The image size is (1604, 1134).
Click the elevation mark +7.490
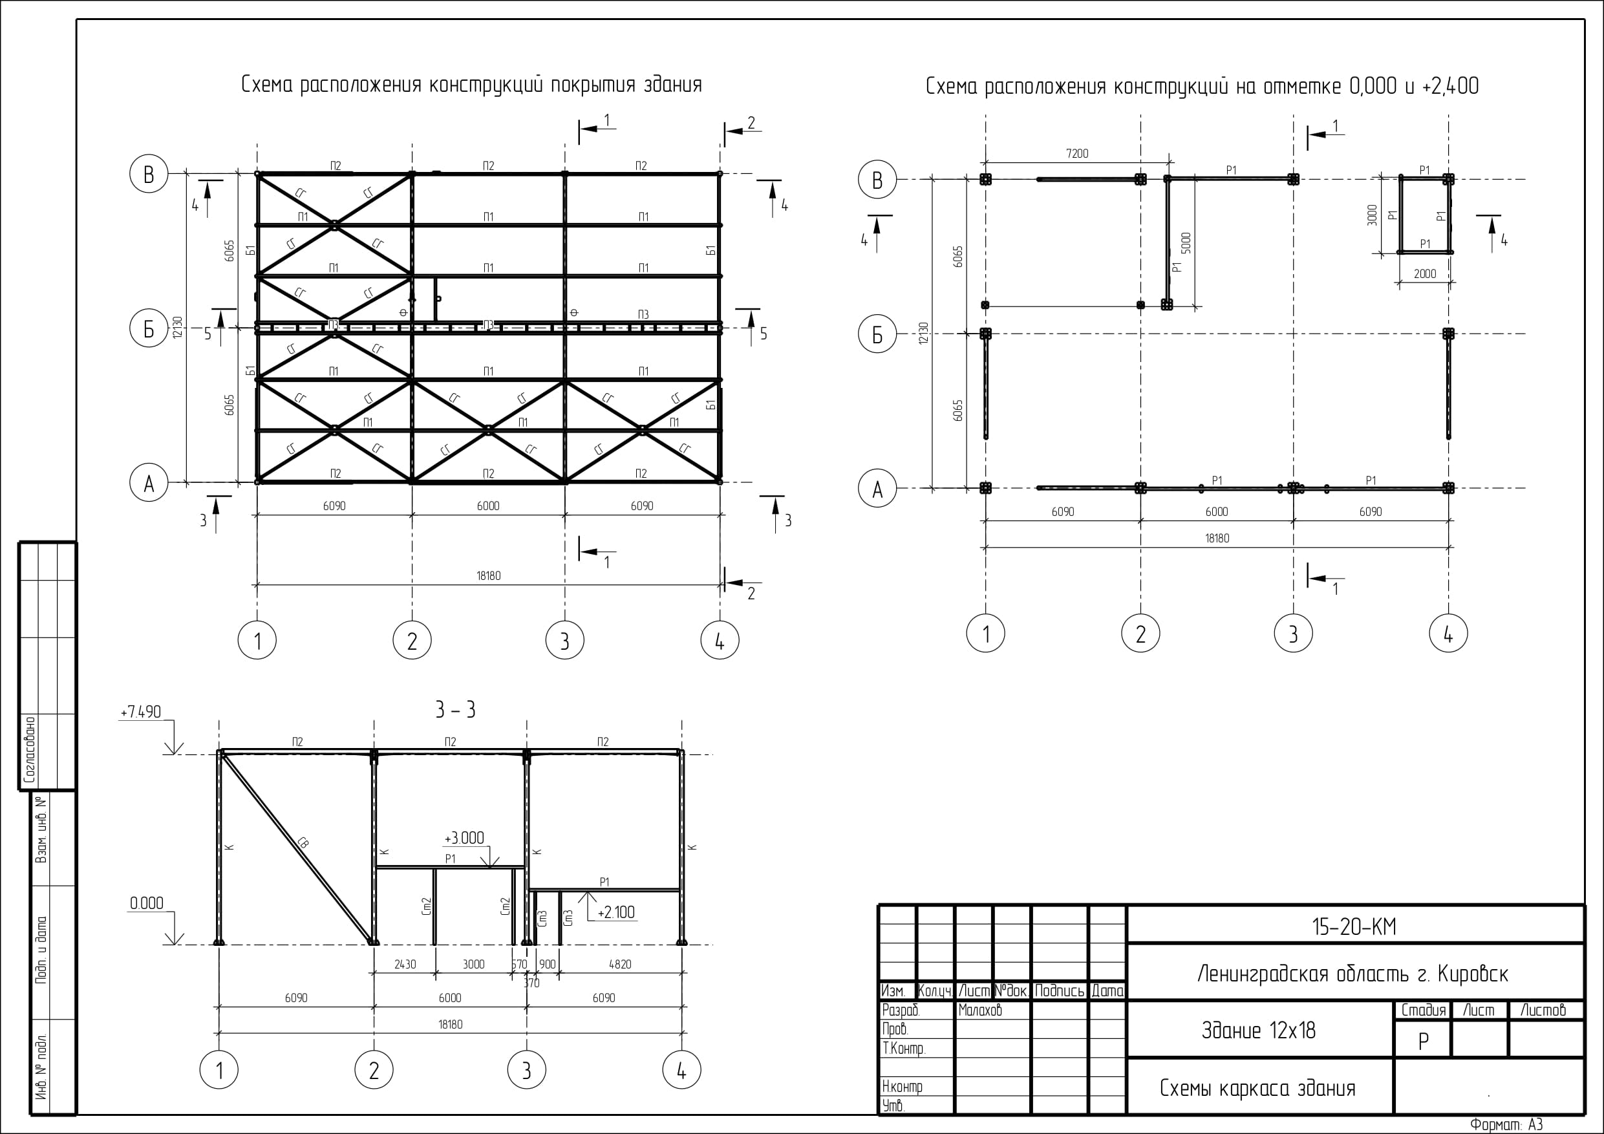(x=140, y=712)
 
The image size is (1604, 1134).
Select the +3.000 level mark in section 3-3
(x=465, y=839)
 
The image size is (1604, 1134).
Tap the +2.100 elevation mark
(x=616, y=912)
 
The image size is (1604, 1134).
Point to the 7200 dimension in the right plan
(x=1076, y=154)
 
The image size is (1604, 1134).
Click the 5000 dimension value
(x=1186, y=243)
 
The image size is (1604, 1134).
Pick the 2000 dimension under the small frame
(x=1425, y=274)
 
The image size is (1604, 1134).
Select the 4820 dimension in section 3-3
(x=619, y=965)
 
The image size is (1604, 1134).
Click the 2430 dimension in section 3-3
(x=405, y=965)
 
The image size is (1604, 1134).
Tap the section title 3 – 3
(x=456, y=711)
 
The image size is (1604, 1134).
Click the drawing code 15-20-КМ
(x=1354, y=927)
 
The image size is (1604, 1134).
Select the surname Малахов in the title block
(x=980, y=1011)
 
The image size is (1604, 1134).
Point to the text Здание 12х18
(x=1258, y=1031)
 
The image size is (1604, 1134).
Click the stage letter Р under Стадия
(x=1423, y=1042)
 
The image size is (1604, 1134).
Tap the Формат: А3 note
(x=1506, y=1125)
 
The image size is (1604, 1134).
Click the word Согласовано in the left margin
(x=30, y=749)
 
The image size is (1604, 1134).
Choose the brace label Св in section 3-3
(x=303, y=842)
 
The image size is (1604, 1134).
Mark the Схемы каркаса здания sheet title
(x=1257, y=1089)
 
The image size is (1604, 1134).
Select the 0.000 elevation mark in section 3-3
(x=147, y=903)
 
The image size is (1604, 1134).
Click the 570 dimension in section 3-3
(x=519, y=965)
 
